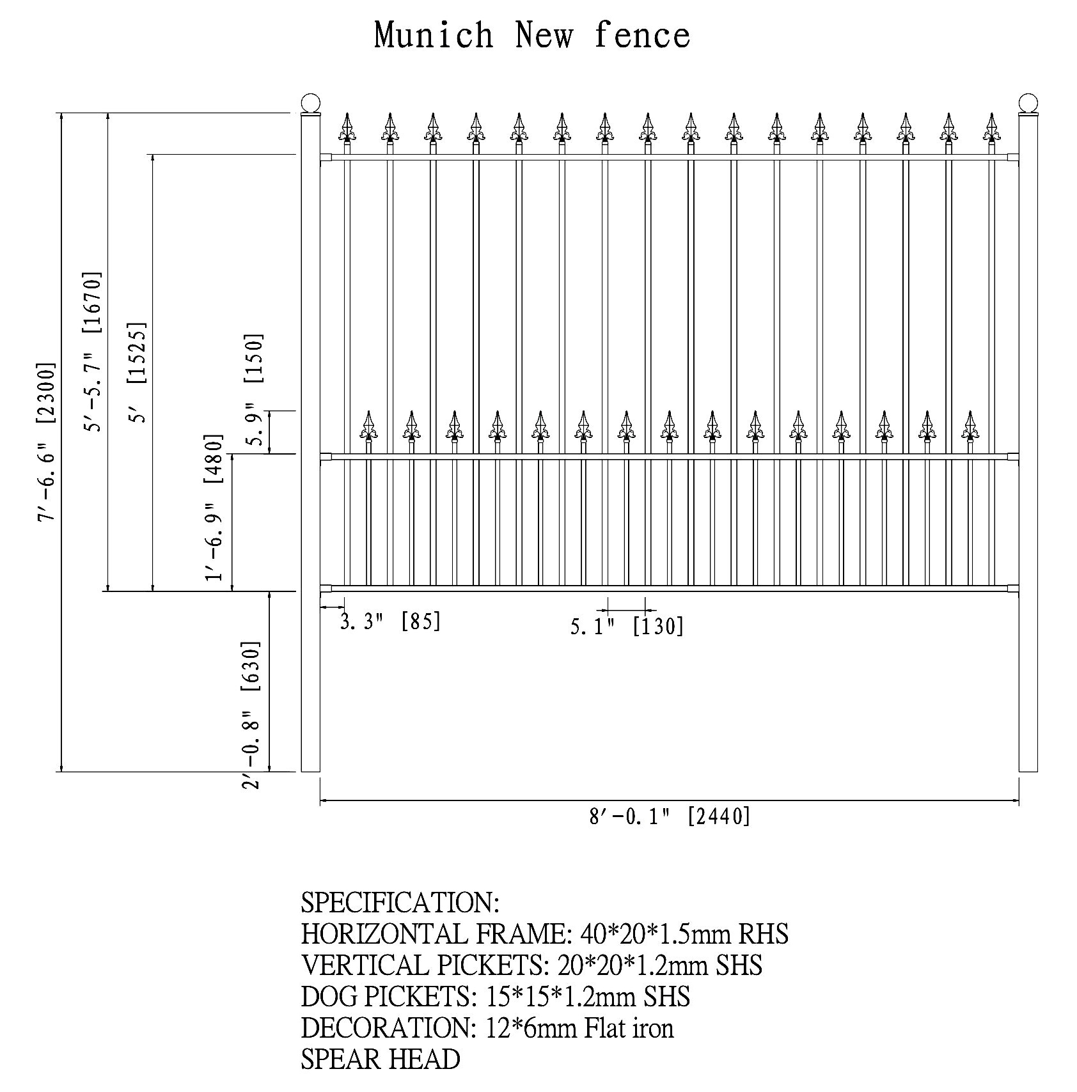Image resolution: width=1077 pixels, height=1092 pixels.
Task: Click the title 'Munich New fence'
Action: [532, 35]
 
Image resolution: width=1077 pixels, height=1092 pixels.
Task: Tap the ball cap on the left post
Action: [310, 104]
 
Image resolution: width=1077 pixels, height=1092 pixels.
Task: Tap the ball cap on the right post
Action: [1028, 102]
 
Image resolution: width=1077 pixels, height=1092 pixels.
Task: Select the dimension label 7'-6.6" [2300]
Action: [47, 442]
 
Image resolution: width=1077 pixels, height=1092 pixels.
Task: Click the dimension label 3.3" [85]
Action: [390, 621]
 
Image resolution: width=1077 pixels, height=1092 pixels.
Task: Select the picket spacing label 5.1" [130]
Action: [627, 627]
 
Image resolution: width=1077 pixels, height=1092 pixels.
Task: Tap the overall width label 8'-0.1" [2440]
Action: [670, 816]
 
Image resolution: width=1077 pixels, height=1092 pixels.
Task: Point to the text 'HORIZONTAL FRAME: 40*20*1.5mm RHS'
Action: [544, 934]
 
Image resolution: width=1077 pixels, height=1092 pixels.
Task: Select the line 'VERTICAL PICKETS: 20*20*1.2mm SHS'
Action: [531, 965]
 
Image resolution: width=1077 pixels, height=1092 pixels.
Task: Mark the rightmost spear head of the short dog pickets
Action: [970, 426]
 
